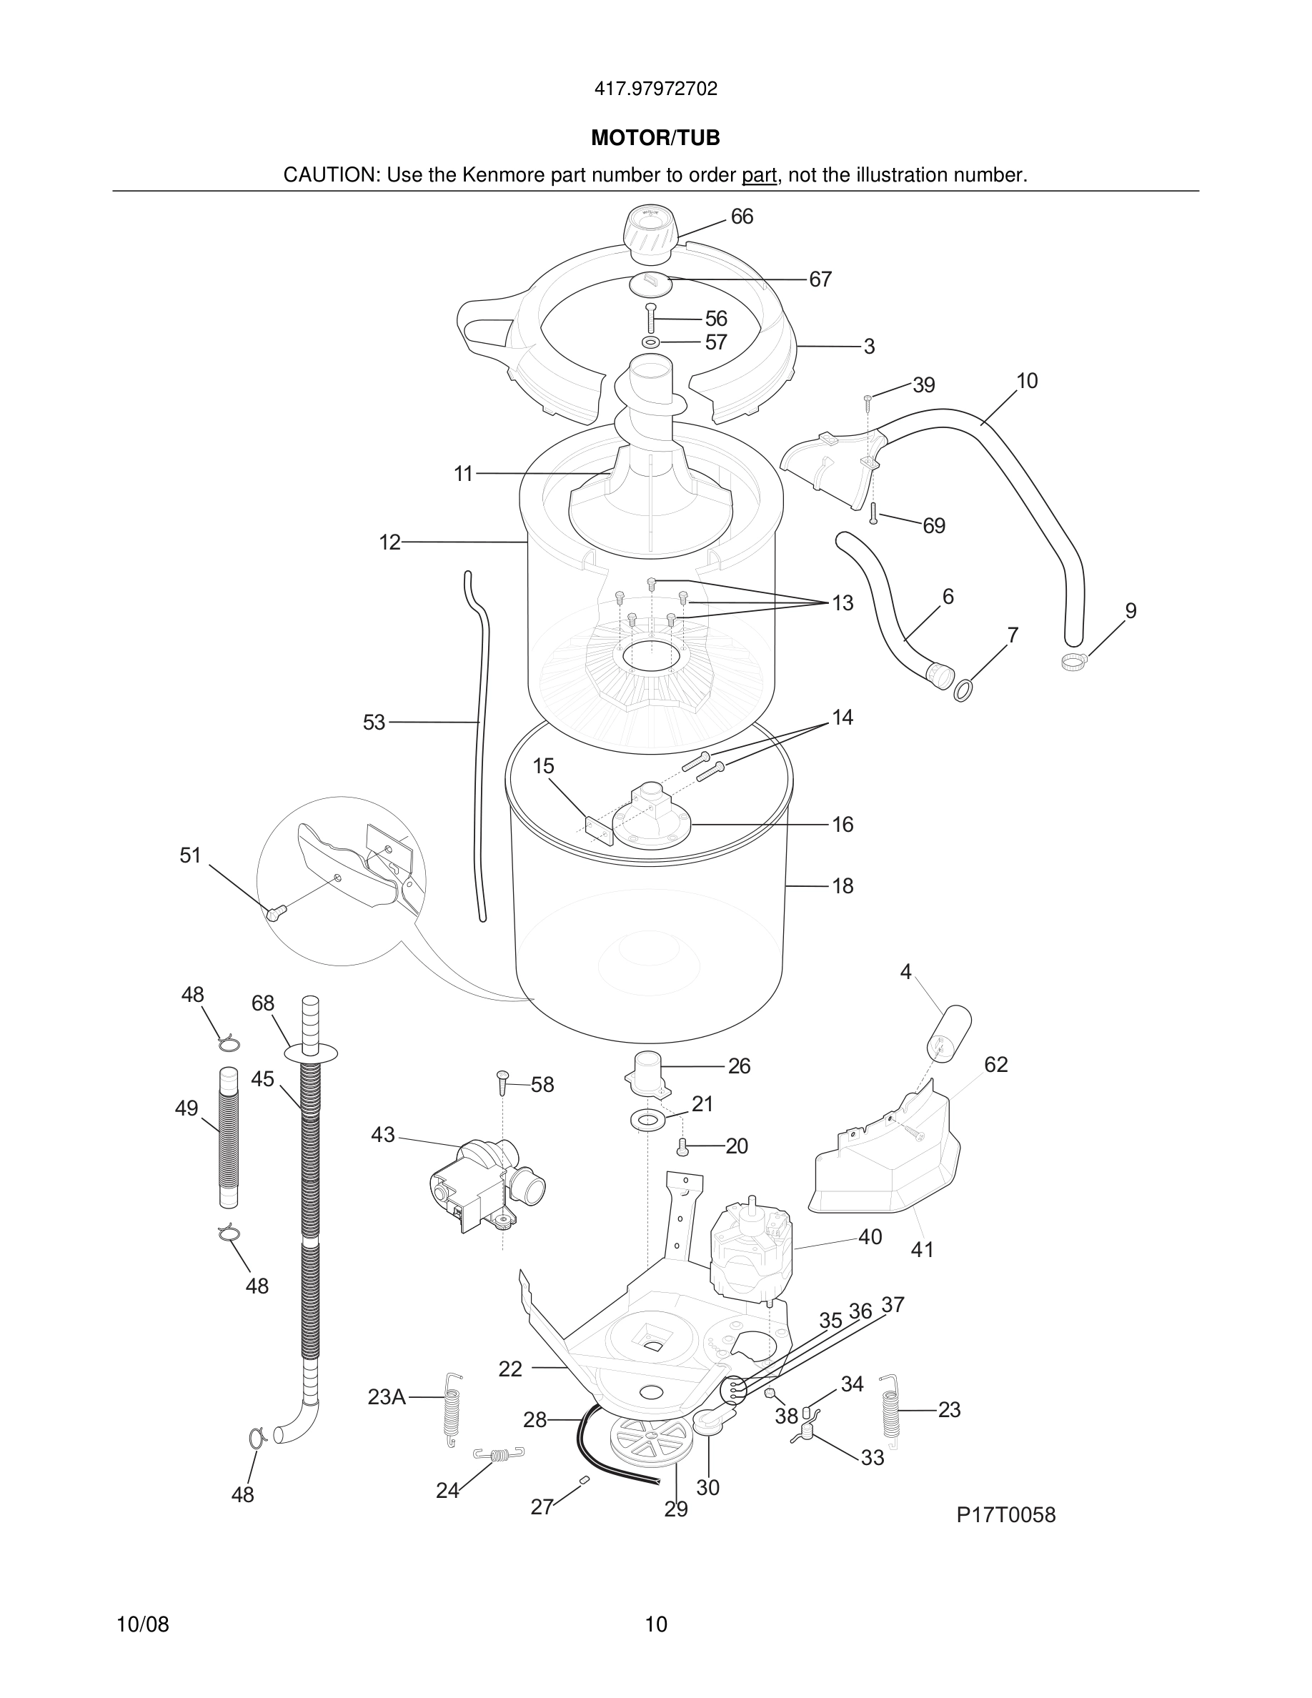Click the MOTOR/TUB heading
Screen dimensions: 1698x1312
(655, 139)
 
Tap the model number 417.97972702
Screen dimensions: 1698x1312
(655, 89)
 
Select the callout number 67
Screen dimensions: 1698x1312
(820, 279)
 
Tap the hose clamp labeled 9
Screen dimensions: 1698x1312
(1073, 662)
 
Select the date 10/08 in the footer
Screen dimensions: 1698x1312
(142, 1624)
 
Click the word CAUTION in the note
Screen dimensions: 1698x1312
(330, 175)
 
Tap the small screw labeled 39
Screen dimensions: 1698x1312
(868, 399)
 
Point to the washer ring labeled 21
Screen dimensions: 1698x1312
(647, 1121)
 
